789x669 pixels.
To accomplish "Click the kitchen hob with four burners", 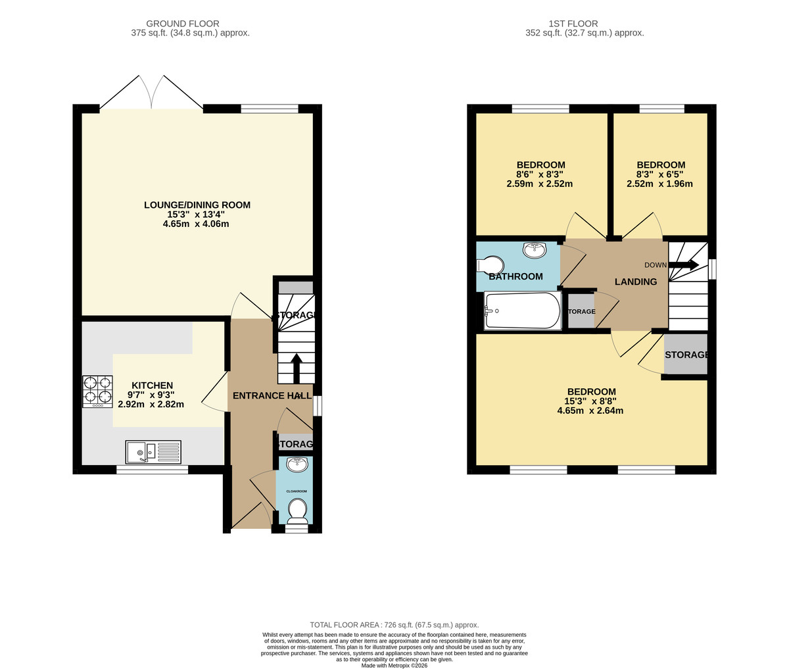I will point(97,391).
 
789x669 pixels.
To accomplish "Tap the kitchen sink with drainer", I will point(153,453).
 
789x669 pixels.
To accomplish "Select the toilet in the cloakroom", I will point(297,510).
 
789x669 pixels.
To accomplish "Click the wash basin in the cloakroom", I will point(297,464).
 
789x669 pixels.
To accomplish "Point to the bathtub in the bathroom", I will point(523,311).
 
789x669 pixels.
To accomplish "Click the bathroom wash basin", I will point(535,250).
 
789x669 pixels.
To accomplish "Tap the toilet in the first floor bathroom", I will point(490,265).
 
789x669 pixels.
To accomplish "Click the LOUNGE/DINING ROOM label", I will point(197,205).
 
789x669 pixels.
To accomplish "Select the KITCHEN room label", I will point(152,385).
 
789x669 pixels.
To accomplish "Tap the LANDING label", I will point(635,282).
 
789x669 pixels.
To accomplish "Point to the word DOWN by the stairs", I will point(655,265).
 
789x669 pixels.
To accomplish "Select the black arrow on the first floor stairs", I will point(684,264).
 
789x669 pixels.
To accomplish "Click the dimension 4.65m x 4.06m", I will point(196,224).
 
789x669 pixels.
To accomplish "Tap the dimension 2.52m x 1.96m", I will point(659,184).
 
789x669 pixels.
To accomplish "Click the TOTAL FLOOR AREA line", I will point(394,625).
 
